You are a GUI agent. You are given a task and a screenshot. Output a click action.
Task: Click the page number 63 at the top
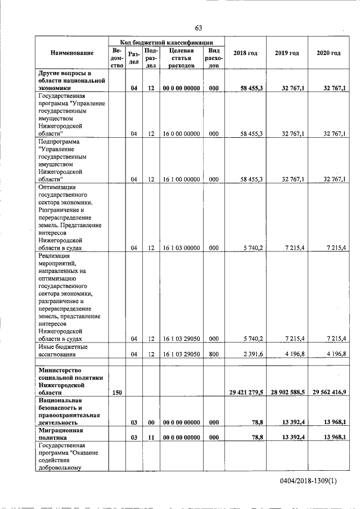tap(198, 28)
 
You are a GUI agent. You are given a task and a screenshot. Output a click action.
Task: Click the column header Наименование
tap(71, 53)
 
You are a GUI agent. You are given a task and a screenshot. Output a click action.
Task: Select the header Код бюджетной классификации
tap(166, 42)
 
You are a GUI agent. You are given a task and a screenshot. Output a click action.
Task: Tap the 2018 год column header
tap(245, 53)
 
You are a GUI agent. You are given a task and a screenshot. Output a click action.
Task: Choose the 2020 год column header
tap(328, 53)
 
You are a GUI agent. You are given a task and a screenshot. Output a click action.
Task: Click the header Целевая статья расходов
tap(181, 58)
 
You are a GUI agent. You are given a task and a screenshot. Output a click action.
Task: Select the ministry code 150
tap(117, 392)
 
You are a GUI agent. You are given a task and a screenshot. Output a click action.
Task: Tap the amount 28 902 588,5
tap(287, 392)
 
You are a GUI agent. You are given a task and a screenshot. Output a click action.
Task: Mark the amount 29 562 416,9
tap(329, 392)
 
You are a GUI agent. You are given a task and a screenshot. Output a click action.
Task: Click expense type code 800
tap(213, 354)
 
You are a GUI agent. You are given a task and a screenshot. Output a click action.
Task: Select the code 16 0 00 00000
tap(181, 134)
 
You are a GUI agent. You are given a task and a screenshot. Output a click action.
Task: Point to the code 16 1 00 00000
tap(181, 179)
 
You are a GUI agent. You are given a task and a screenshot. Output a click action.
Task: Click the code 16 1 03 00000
tap(181, 247)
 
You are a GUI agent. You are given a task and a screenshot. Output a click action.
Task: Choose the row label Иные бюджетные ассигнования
tap(62, 350)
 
